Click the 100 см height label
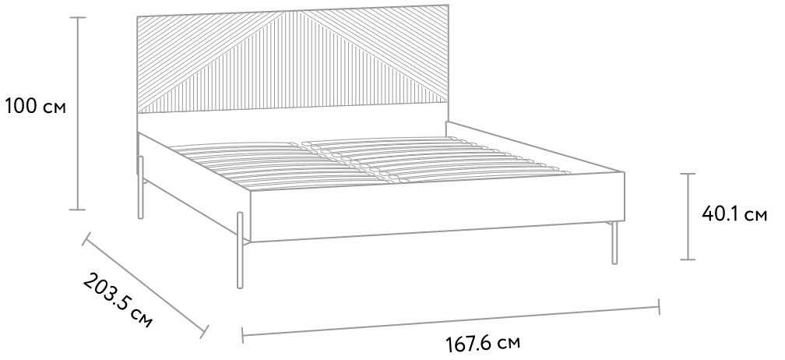coord(36,107)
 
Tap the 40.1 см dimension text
coord(734,214)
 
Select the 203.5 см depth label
coord(118,301)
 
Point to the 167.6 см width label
coord(483,344)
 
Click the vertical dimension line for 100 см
coord(78,114)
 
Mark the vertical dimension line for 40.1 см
coord(688,217)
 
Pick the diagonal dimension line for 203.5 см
coord(145,285)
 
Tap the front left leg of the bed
coord(240,250)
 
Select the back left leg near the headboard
coord(141,187)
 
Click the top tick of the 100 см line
coord(78,17)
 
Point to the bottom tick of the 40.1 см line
coord(688,259)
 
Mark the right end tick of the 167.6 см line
coord(659,306)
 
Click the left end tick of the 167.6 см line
coord(242,336)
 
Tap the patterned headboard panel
coord(293,58)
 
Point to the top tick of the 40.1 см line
coord(688,174)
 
